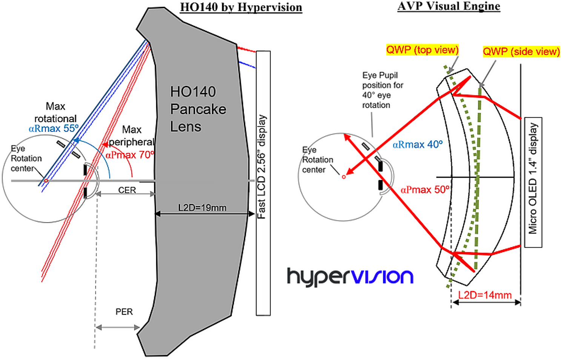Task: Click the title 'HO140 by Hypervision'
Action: click(x=241, y=7)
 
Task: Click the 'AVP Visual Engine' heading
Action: click(x=449, y=6)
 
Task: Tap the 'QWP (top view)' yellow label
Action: click(x=422, y=50)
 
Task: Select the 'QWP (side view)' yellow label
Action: click(x=521, y=52)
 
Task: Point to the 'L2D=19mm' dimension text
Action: click(x=202, y=208)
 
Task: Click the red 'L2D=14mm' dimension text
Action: click(x=485, y=295)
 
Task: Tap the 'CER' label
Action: click(x=127, y=190)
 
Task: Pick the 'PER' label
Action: click(x=124, y=312)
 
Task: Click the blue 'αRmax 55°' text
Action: click(x=54, y=129)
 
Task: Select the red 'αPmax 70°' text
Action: click(x=130, y=155)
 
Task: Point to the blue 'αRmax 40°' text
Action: click(x=418, y=144)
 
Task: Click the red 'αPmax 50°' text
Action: click(x=425, y=190)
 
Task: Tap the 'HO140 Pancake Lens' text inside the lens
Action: click(x=198, y=109)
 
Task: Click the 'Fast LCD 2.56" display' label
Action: click(x=261, y=167)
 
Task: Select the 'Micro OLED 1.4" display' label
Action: click(x=533, y=178)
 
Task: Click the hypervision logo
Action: click(x=350, y=277)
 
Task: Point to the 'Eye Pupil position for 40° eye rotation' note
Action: click(x=382, y=90)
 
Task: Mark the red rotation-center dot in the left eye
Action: click(x=46, y=181)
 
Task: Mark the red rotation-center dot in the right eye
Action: click(x=344, y=177)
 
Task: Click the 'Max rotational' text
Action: click(x=55, y=112)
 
